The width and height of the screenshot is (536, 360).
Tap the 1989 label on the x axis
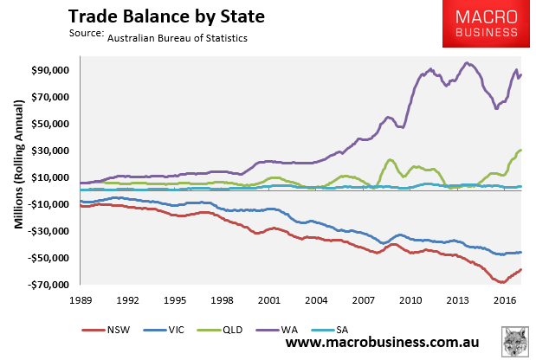click(x=81, y=301)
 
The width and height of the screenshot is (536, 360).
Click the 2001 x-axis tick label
click(x=268, y=301)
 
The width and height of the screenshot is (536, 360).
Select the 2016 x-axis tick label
click(x=504, y=301)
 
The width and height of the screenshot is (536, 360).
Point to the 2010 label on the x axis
click(x=410, y=301)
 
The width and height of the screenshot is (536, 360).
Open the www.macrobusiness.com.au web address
click(x=390, y=344)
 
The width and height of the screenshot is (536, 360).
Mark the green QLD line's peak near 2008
click(x=391, y=160)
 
